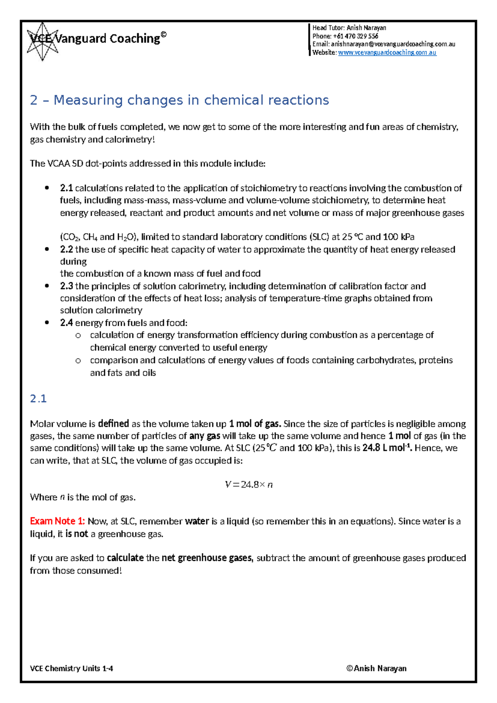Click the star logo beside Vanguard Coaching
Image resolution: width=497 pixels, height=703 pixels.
click(x=42, y=41)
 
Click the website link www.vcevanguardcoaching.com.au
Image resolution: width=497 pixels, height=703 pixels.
click(x=387, y=53)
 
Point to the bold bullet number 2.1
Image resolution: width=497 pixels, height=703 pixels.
click(x=66, y=188)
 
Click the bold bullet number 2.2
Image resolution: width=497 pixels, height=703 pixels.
click(x=66, y=250)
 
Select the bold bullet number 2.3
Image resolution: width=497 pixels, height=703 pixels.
click(x=66, y=286)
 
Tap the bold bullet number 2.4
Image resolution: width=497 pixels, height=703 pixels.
click(x=66, y=322)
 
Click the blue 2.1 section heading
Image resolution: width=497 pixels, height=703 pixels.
click(x=38, y=399)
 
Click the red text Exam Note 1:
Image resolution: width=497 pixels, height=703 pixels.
click(x=57, y=521)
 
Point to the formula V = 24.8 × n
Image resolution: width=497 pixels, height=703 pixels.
click(x=248, y=485)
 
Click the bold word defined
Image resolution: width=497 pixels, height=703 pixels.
click(x=113, y=424)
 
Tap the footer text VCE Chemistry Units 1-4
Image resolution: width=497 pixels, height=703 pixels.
click(x=71, y=668)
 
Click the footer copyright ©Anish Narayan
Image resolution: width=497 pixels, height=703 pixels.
click(x=376, y=668)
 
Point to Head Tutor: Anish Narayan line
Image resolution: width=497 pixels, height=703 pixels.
click(x=349, y=28)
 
